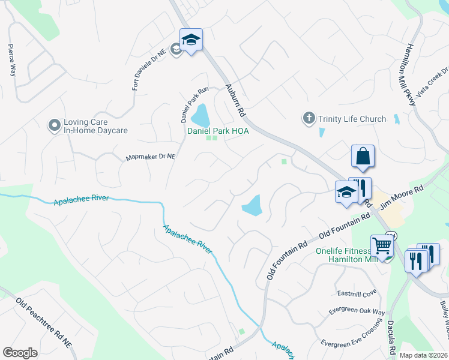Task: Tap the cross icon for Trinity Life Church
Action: tap(309, 118)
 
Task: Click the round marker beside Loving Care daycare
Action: tap(55, 125)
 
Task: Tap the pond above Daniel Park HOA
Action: tap(199, 113)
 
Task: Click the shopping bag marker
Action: tap(363, 156)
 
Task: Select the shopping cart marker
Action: tap(382, 245)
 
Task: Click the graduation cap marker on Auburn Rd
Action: tap(191, 40)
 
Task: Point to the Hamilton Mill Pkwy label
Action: tap(411, 76)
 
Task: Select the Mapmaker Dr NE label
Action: tap(150, 157)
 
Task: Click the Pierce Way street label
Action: tap(11, 59)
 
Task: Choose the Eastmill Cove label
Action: tap(357, 293)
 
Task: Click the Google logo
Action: tap(20, 353)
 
